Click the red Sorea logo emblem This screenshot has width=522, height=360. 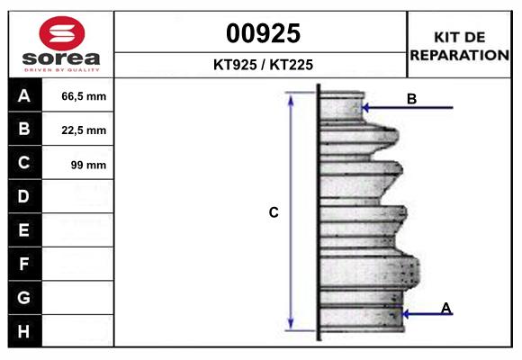(62, 33)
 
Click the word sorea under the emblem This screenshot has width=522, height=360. (61, 58)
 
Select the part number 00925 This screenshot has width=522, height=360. (264, 33)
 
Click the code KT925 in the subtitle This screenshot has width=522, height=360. (235, 65)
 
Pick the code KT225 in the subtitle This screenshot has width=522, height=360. (292, 65)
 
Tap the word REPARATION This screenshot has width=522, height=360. (460, 55)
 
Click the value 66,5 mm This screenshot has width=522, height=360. (84, 96)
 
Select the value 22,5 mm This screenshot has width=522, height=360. (84, 130)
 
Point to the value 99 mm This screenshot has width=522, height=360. (88, 165)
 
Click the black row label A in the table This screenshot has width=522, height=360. (25, 95)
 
